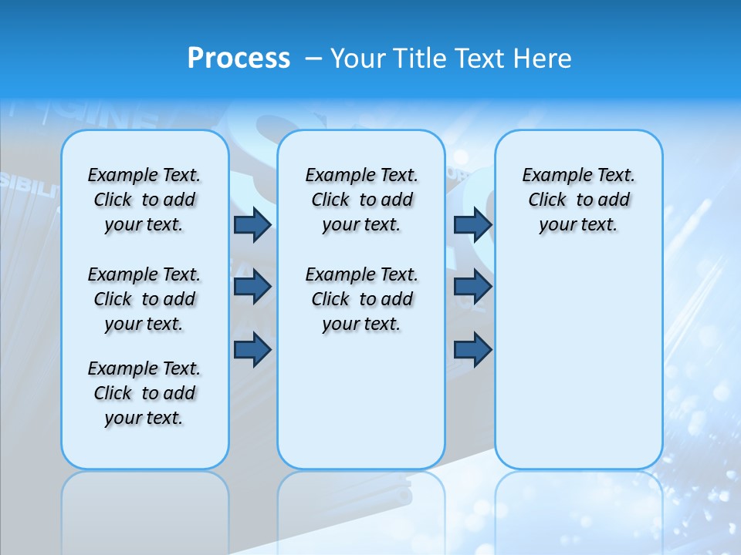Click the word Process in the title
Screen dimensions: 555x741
[239, 58]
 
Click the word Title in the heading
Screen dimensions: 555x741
[417, 58]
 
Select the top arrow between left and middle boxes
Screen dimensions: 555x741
[252, 224]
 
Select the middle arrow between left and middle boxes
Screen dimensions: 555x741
[252, 287]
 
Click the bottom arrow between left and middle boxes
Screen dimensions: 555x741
[252, 350]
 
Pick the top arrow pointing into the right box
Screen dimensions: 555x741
[472, 224]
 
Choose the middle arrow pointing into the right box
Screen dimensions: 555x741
[472, 287]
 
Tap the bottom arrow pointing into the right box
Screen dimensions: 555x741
[472, 350]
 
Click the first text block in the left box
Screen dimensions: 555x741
[144, 200]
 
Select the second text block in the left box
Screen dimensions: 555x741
[144, 299]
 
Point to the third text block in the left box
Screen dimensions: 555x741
[144, 393]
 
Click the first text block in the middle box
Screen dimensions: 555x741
[361, 200]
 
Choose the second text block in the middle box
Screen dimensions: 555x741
[361, 299]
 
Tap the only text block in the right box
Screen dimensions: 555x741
[578, 200]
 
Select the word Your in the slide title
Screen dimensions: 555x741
[358, 58]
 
